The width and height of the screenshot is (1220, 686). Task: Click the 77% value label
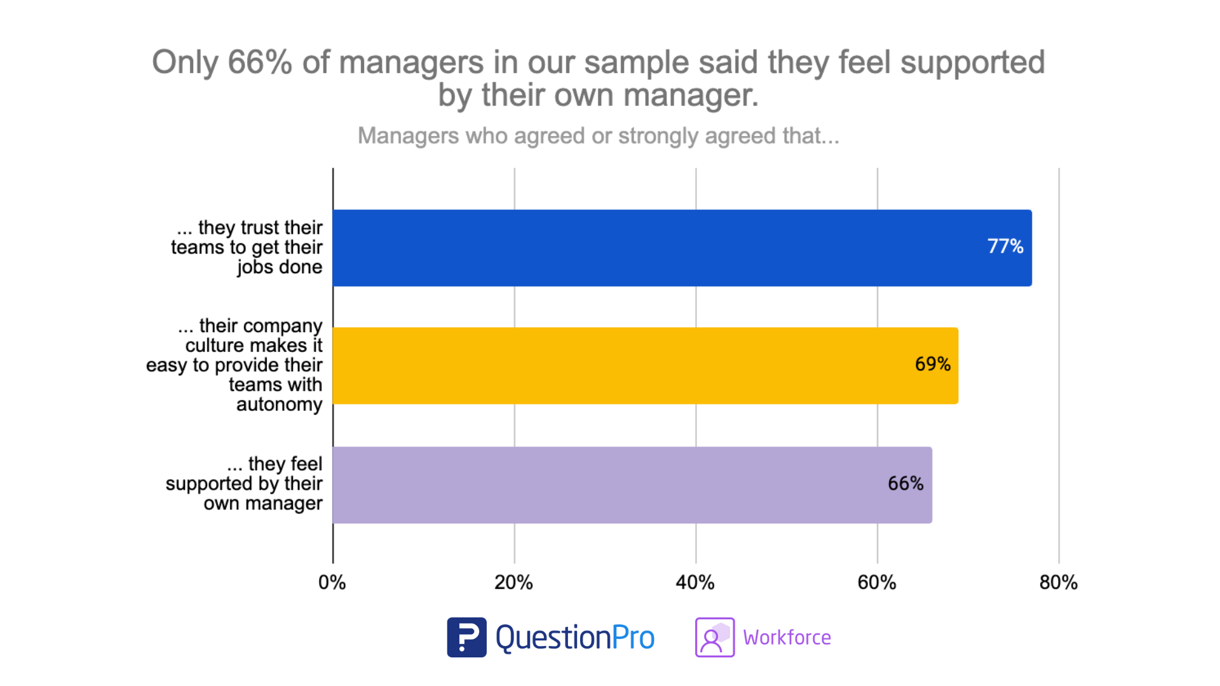[x=1005, y=246]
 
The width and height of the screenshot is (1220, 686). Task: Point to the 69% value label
[x=932, y=364]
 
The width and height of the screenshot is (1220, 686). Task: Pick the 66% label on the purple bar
[x=905, y=483]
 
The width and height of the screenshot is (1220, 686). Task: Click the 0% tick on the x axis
[x=332, y=582]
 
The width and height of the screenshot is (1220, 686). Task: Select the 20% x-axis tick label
[x=513, y=582]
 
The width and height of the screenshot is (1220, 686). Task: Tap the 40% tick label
[x=695, y=582]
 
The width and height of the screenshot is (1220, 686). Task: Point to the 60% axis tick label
[x=877, y=582]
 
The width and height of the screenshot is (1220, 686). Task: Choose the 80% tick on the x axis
[x=1059, y=582]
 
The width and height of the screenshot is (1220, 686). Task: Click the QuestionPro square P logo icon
[x=466, y=637]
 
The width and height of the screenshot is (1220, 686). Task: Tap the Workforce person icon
[x=715, y=637]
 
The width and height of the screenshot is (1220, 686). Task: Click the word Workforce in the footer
[x=787, y=637]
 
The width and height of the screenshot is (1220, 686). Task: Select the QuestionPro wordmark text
[x=574, y=637]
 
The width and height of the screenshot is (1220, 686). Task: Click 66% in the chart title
[x=259, y=62]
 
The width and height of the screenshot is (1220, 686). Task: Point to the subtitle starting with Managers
[x=598, y=135]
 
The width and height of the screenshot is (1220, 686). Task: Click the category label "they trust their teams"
[x=248, y=247]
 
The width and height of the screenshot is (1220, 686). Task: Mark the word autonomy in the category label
[x=279, y=405]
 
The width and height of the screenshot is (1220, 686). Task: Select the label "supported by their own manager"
[x=245, y=484]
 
